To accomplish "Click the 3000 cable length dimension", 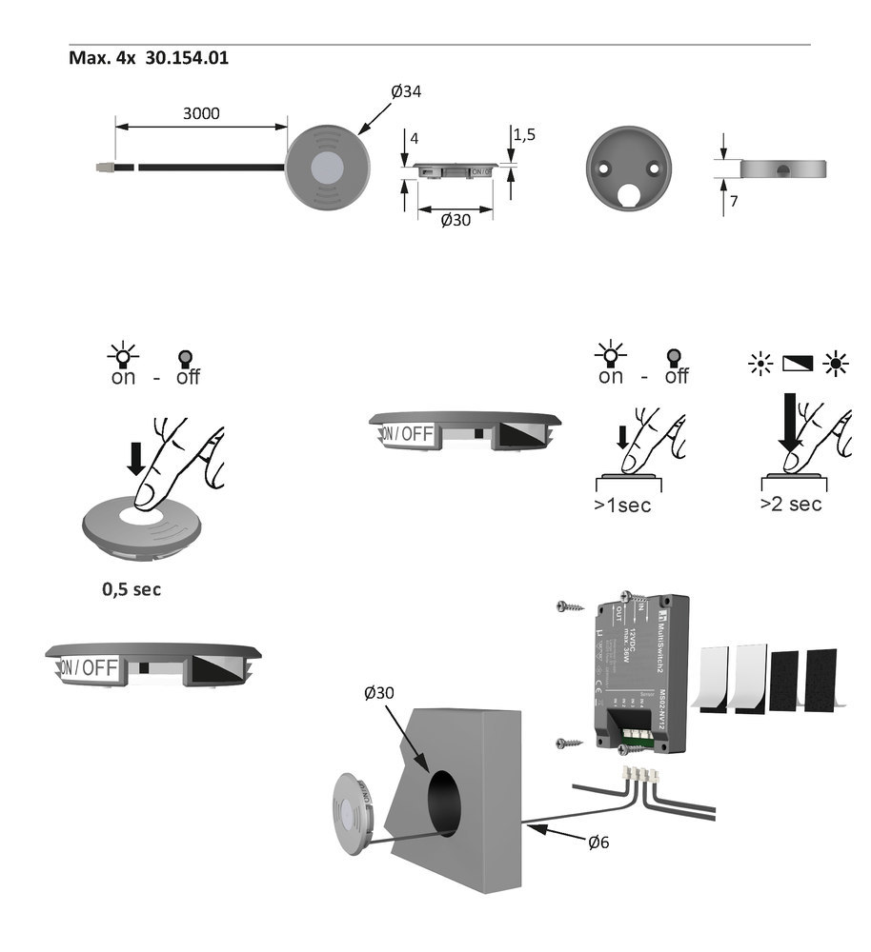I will [x=201, y=113].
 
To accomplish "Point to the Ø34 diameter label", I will [x=406, y=91].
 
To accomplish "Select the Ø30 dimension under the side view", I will [x=455, y=221].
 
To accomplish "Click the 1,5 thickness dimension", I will [x=524, y=135].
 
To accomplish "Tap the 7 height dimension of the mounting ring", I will [x=734, y=202].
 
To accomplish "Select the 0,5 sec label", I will [x=132, y=589].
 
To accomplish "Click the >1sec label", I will [x=622, y=506].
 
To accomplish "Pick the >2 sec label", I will [x=790, y=505].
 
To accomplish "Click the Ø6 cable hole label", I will [x=598, y=842].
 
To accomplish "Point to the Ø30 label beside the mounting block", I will [x=379, y=694].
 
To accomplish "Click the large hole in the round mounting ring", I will [x=628, y=195].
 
